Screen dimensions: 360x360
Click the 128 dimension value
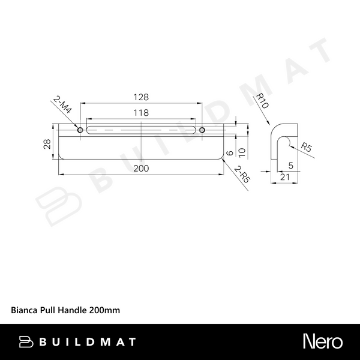tap(141, 97)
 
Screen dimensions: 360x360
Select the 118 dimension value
tap(141, 112)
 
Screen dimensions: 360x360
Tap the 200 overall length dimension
tap(141, 169)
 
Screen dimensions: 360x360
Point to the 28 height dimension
tap(47, 142)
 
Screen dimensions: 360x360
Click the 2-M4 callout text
tap(62, 107)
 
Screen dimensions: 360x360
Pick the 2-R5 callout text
tap(242, 174)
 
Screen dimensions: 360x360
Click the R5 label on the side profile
tap(305, 146)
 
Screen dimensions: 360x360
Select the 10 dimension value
tap(242, 151)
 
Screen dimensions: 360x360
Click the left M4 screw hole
tap(80, 130)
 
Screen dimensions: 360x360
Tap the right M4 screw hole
tap(202, 130)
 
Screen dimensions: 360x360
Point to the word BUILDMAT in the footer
tap(87, 342)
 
